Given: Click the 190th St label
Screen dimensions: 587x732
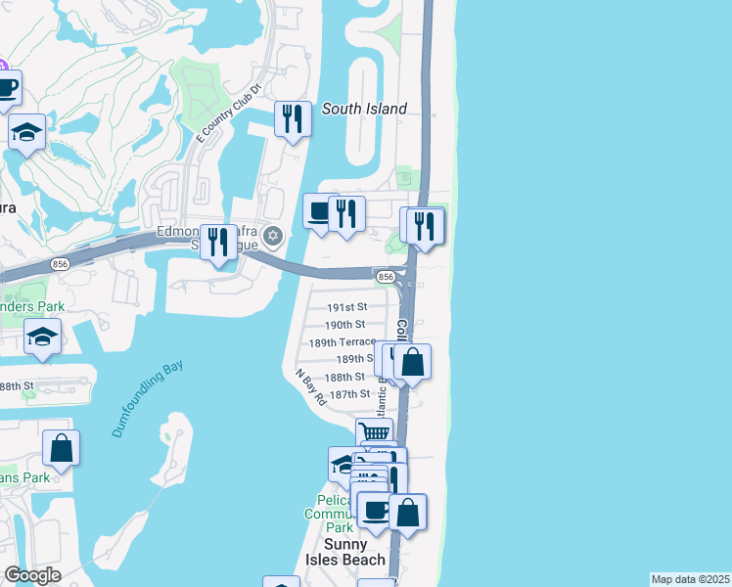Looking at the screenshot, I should click(344, 324).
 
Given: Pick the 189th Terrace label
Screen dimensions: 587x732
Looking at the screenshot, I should click(342, 342).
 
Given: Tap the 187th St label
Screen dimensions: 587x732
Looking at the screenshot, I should click(349, 393).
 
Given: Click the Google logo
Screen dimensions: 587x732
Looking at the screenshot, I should click(32, 575).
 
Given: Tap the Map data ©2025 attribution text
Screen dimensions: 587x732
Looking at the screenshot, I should click(690, 579).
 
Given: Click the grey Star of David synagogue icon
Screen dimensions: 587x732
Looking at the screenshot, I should click(273, 235).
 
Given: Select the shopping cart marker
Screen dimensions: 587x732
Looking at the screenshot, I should click(374, 433).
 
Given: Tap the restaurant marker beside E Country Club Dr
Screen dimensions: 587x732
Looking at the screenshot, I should click(293, 118).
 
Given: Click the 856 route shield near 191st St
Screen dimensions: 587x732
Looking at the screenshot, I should click(386, 278).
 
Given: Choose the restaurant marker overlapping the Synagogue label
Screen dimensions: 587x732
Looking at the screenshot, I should click(219, 241).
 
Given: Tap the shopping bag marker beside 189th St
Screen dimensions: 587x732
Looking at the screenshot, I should click(413, 361).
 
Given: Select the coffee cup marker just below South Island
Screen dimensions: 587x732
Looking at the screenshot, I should click(319, 212).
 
